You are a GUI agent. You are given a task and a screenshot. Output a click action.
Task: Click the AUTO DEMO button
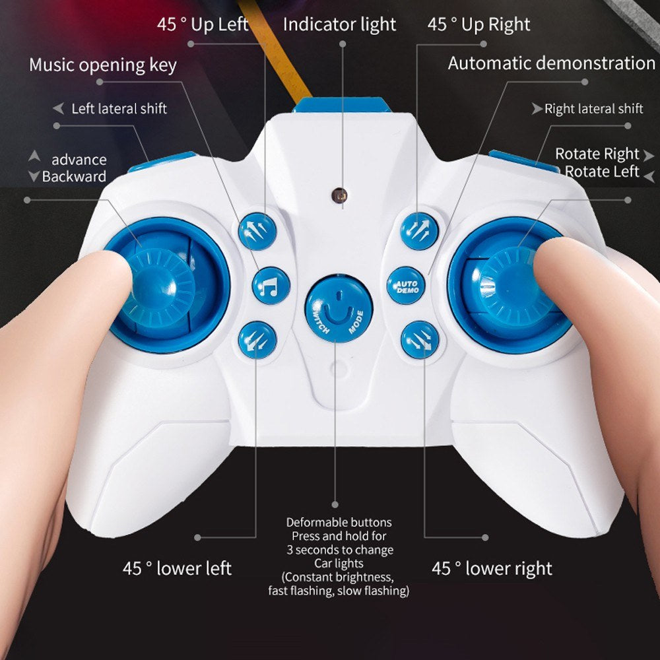point(406,285)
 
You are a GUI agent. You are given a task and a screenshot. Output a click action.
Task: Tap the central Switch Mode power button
point(339,308)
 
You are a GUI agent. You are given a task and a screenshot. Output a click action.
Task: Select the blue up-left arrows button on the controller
point(257,231)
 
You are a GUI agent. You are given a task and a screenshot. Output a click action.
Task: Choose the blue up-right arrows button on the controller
point(419,231)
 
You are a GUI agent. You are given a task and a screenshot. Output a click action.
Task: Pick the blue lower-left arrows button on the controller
point(257,340)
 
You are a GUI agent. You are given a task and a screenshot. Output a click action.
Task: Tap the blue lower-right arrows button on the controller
point(420,340)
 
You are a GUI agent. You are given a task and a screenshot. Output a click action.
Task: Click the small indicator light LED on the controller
point(339,195)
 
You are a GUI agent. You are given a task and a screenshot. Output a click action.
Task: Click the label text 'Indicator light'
point(339,24)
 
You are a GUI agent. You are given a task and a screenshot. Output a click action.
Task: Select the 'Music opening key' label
point(103,65)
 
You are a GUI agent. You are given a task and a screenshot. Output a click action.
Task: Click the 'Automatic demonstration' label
point(551,63)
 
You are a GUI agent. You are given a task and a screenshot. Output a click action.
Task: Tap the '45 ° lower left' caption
point(177,568)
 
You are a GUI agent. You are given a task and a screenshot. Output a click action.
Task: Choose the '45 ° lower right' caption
point(492,568)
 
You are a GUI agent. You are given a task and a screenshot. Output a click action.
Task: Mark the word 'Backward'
point(74,176)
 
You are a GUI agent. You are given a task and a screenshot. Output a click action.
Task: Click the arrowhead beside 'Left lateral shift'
point(59,108)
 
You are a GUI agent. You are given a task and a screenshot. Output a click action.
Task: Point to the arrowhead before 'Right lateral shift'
point(537,109)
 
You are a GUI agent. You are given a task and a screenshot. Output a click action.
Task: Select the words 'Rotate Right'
point(597,154)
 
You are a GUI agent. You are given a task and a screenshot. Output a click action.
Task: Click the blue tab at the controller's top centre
point(342,105)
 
